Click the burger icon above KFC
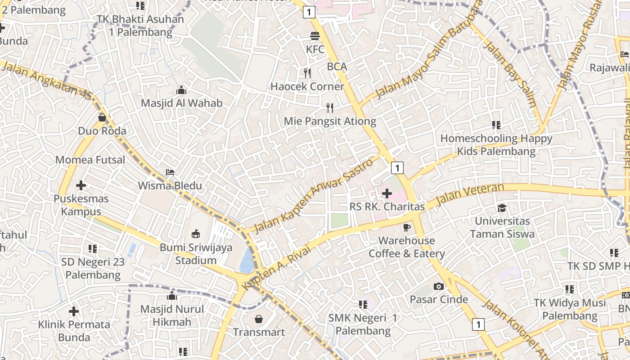click(315, 36)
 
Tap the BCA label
click(337, 67)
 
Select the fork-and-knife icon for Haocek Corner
click(307, 73)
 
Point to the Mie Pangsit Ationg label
click(330, 121)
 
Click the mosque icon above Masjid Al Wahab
click(181, 90)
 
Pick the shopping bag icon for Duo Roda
click(102, 118)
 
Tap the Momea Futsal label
click(90, 160)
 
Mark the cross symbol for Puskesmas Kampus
click(81, 185)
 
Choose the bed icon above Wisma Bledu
click(170, 172)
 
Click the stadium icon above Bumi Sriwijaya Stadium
click(196, 234)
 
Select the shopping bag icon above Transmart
click(259, 319)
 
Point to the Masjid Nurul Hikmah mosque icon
click(172, 296)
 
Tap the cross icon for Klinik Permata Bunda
click(74, 311)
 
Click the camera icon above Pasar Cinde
click(438, 286)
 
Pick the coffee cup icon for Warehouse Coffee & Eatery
click(407, 227)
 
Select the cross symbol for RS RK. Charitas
click(387, 193)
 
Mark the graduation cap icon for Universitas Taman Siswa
click(502, 208)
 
